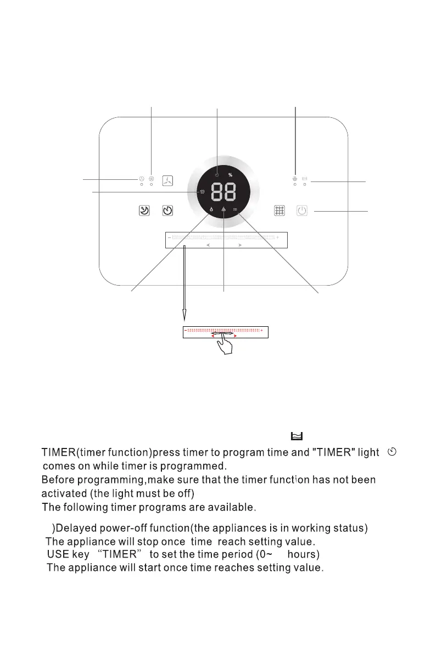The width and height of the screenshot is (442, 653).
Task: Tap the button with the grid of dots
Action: click(x=280, y=211)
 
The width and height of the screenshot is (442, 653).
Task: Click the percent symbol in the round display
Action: click(x=231, y=174)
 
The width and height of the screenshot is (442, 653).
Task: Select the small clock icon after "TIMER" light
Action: click(x=392, y=452)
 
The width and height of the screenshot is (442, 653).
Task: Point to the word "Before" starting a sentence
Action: click(x=59, y=480)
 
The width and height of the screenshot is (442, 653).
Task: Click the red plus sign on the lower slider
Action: click(x=262, y=331)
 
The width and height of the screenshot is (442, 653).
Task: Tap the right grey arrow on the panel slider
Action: click(x=240, y=246)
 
